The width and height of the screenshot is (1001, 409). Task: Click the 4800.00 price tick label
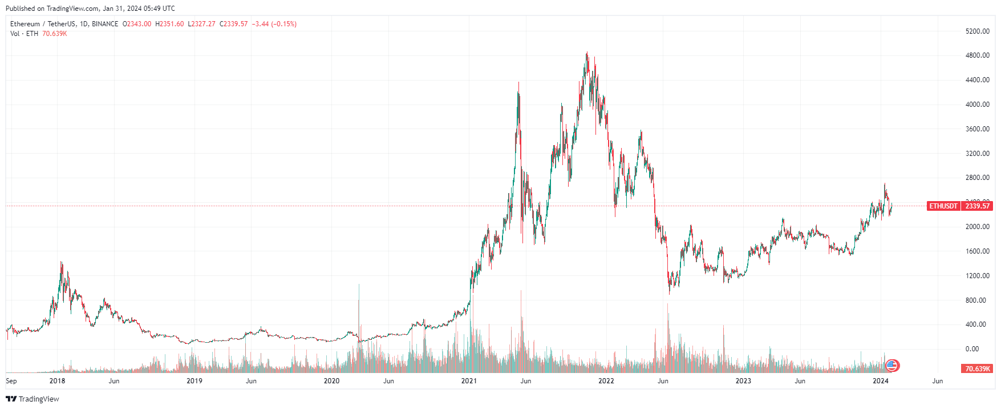(x=977, y=55)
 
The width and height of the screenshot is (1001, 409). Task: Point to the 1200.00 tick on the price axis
(x=977, y=276)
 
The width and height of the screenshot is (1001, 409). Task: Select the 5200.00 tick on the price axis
(x=977, y=31)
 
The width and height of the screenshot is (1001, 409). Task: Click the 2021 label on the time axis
(x=469, y=381)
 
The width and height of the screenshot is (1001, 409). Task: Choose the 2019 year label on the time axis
(x=194, y=381)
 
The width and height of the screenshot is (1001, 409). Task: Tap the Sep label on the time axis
(x=11, y=381)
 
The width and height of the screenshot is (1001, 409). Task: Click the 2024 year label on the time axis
(x=881, y=381)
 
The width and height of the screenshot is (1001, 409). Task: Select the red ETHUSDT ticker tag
(x=943, y=206)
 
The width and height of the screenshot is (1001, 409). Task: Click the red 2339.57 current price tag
(x=977, y=206)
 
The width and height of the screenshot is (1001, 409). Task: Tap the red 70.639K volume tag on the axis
(x=977, y=369)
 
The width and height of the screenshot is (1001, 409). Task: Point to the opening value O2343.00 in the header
(x=137, y=24)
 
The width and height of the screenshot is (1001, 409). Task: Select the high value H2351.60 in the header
(x=170, y=24)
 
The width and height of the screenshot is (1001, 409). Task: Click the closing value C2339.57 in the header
(x=234, y=24)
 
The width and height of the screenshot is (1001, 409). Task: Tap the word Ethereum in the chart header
(x=25, y=24)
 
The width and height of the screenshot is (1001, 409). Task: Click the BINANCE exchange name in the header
(x=105, y=24)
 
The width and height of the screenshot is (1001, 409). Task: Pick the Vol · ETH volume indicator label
(x=24, y=34)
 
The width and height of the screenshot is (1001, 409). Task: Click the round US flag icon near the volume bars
(x=892, y=366)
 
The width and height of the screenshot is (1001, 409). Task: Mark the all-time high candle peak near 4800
(x=587, y=53)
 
